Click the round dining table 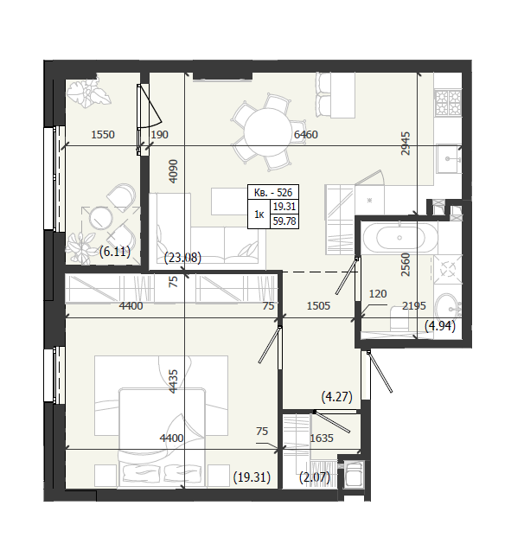tap(268, 132)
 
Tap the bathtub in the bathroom tap(399, 238)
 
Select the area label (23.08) tap(182, 258)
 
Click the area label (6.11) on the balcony tap(115, 251)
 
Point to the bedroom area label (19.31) tap(252, 477)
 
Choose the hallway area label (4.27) tap(336, 396)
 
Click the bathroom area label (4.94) tap(440, 326)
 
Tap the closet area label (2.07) tap(315, 477)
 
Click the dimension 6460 tap(305, 134)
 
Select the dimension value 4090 tap(173, 170)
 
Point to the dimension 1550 tap(103, 134)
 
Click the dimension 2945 tap(405, 144)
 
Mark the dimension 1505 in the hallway tap(318, 305)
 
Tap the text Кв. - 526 tap(273, 192)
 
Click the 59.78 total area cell tap(284, 221)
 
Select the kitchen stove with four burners tap(448, 103)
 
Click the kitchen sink tap(449, 159)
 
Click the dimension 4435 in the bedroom tap(173, 381)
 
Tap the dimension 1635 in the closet tap(322, 438)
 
